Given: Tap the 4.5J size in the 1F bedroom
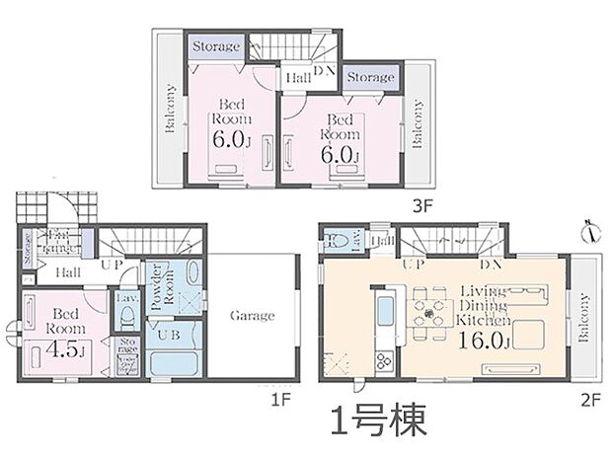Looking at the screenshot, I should point(57,347).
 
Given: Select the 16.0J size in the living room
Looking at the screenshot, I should point(483,342).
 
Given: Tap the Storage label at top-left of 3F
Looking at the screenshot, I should point(215,46).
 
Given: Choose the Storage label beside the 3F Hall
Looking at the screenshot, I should point(371,76).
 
